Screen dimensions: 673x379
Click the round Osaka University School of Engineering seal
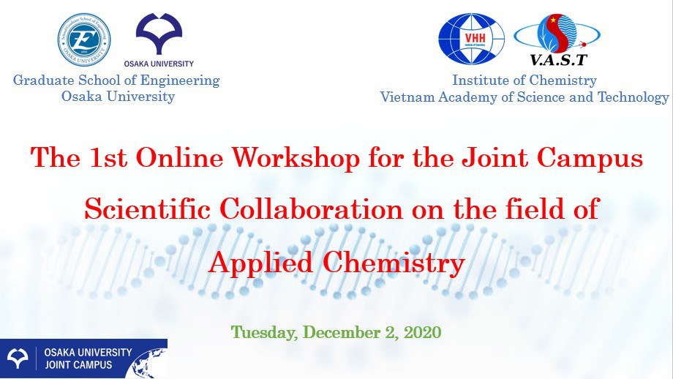[84, 40]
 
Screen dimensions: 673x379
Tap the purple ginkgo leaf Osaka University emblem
[159, 34]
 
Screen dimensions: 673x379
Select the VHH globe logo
[471, 39]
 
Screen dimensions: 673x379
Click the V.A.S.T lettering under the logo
[558, 60]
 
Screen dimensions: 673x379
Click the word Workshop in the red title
[296, 157]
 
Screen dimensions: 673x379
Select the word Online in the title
[179, 157]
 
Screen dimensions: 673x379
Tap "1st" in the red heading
[108, 157]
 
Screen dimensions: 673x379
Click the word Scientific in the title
[147, 209]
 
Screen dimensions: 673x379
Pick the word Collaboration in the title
[311, 209]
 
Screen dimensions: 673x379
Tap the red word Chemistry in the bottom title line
[394, 263]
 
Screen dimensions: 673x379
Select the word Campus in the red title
[590, 158]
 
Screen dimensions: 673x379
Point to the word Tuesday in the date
[264, 333]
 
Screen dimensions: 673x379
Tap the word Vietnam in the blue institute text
[407, 97]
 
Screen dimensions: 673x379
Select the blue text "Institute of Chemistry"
[525, 80]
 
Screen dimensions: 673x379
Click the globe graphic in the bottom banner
[150, 364]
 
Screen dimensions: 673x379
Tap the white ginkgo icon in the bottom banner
[17, 359]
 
